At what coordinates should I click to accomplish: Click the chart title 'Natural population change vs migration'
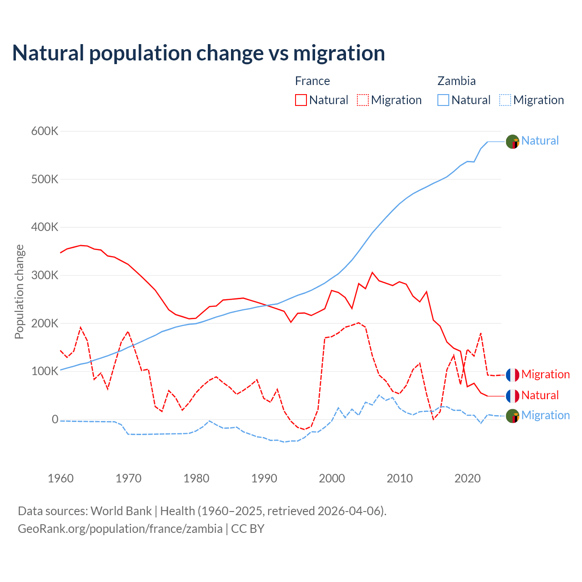[x=199, y=53]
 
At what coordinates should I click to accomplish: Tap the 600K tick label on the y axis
[x=45, y=131]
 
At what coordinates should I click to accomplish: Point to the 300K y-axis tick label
[x=45, y=276]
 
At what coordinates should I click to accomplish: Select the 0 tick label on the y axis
[x=55, y=420]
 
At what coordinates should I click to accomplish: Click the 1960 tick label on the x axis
[x=60, y=478]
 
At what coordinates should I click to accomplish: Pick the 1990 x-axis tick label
[x=264, y=478]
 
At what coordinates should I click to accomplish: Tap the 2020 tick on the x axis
[x=467, y=478]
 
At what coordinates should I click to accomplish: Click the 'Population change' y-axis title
[x=19, y=292]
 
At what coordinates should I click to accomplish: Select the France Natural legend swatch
[x=301, y=100]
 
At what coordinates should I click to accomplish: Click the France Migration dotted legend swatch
[x=363, y=100]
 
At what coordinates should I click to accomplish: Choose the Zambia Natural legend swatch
[x=443, y=100]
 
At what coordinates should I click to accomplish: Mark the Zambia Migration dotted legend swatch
[x=505, y=100]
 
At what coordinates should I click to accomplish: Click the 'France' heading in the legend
[x=312, y=81]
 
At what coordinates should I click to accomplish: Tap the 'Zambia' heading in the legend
[x=457, y=81]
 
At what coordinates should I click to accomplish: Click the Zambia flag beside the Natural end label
[x=512, y=142]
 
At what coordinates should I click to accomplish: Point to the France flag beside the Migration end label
[x=512, y=375]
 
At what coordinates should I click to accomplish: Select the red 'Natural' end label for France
[x=540, y=395]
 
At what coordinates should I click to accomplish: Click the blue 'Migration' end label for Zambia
[x=545, y=415]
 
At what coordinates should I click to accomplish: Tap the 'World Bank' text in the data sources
[x=121, y=511]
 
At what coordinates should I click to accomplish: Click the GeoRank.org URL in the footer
[x=120, y=529]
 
